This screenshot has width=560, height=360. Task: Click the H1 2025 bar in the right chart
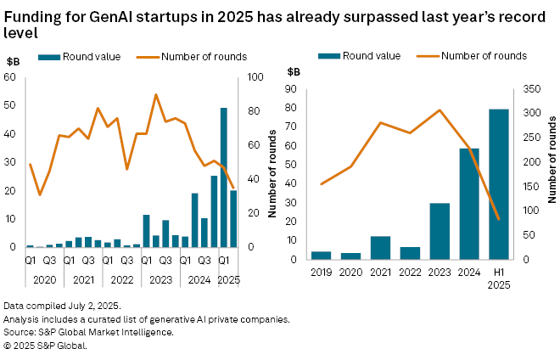(498, 183)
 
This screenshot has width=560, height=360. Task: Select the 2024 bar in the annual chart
(469, 204)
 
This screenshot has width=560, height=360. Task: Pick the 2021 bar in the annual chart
(380, 247)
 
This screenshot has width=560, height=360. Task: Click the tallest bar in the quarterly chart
(224, 177)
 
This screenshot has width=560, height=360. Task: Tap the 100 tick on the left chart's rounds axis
(255, 77)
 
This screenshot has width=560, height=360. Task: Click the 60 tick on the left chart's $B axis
(14, 77)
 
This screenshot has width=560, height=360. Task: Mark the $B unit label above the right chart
(294, 71)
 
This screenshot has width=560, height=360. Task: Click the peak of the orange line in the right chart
(440, 110)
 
